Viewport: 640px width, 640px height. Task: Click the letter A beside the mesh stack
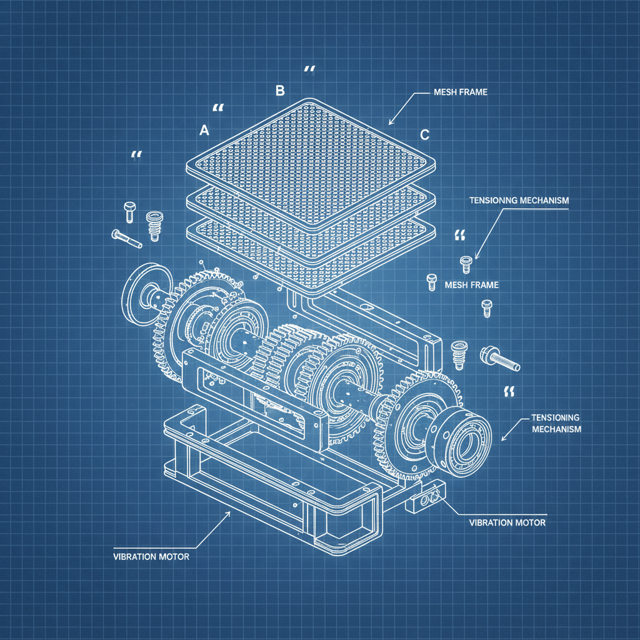click(203, 131)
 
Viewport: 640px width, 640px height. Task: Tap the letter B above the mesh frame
click(280, 91)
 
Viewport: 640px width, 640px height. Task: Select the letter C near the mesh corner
click(424, 134)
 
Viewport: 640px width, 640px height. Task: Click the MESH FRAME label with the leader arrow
click(460, 92)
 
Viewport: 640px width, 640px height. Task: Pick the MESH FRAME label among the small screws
click(471, 285)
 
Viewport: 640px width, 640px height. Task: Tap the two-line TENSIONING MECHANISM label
click(556, 423)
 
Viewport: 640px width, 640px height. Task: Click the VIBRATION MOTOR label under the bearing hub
click(507, 522)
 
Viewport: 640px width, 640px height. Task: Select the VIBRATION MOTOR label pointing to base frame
click(151, 556)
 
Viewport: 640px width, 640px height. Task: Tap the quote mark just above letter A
click(217, 108)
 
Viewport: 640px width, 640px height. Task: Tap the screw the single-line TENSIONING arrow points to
click(464, 264)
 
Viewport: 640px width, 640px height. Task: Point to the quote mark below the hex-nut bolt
click(508, 392)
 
